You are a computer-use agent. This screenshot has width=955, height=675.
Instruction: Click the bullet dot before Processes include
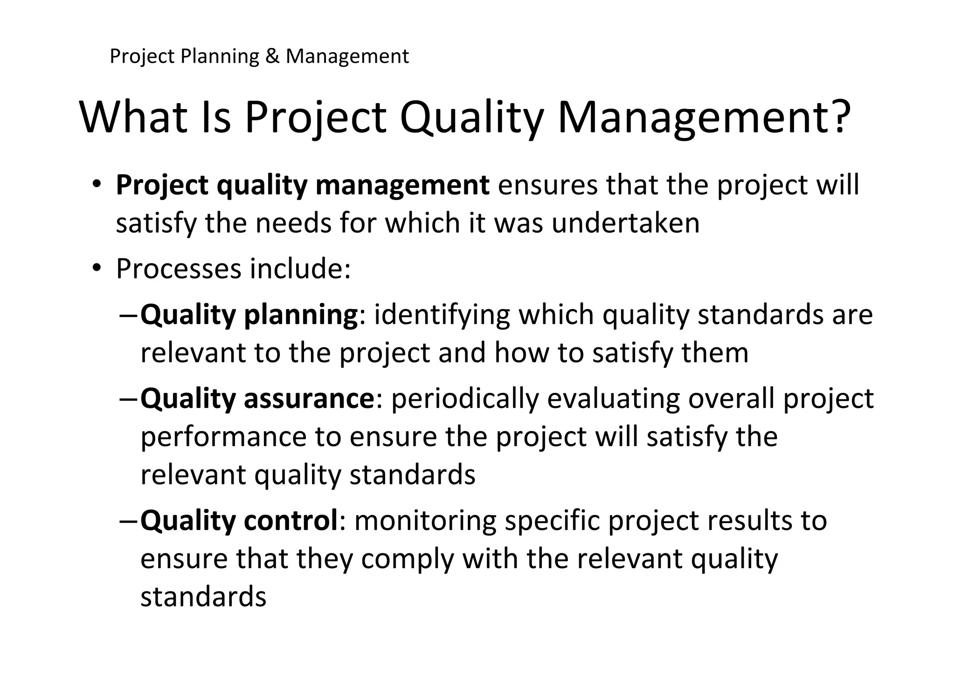[x=97, y=268]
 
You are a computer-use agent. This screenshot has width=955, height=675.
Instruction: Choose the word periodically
[x=464, y=399]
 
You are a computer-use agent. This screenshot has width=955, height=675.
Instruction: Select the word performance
[x=223, y=438]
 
